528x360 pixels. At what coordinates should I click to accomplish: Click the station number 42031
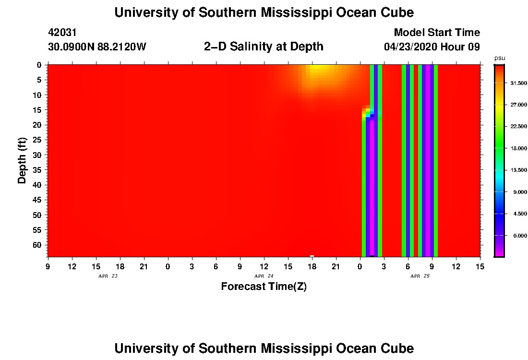click(62, 33)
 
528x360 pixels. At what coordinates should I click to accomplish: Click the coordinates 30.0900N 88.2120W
click(97, 47)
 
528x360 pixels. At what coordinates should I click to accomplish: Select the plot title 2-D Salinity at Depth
click(264, 47)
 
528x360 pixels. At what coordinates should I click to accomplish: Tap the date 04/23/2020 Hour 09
click(432, 47)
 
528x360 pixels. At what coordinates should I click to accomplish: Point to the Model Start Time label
click(437, 33)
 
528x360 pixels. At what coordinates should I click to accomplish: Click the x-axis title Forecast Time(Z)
click(264, 287)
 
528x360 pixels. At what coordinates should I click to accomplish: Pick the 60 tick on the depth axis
click(39, 245)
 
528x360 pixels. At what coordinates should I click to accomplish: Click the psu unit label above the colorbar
click(500, 58)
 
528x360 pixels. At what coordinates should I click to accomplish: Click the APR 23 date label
click(108, 276)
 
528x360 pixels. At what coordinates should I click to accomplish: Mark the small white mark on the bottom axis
click(312, 256)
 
